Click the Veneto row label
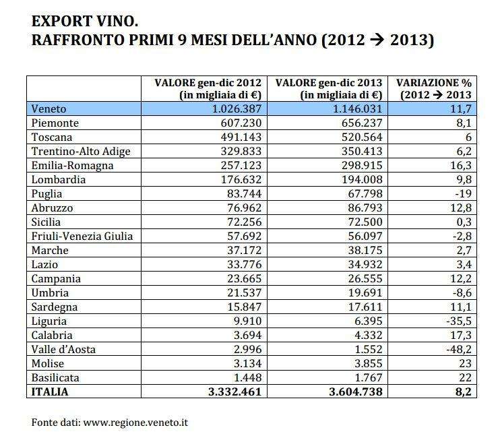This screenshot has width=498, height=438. tap(51, 108)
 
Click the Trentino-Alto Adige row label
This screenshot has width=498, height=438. tap(80, 151)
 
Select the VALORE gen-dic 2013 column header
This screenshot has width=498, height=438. tap(329, 88)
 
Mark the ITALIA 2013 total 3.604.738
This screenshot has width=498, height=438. tap(349, 391)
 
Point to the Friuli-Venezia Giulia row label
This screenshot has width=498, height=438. tap(82, 236)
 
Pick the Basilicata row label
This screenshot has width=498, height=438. tap(55, 377)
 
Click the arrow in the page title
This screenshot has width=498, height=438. tap(371, 40)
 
